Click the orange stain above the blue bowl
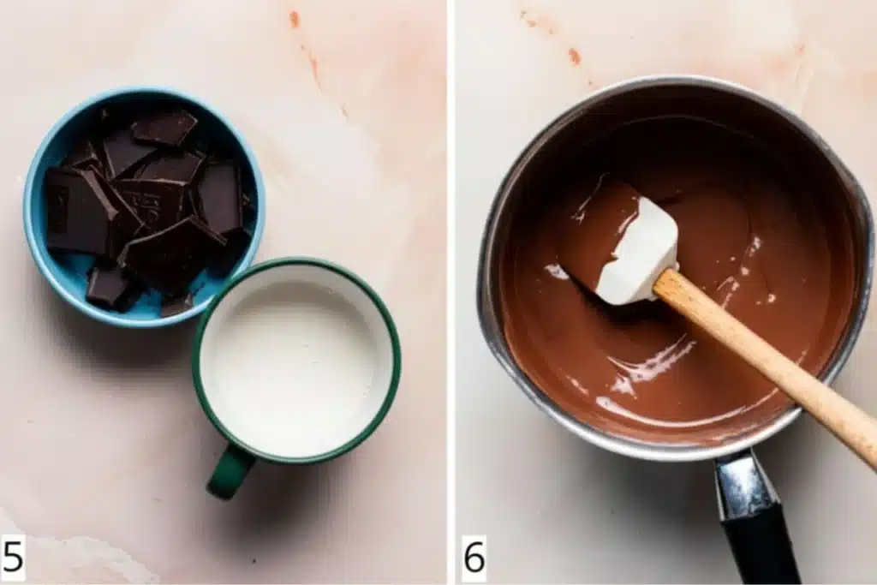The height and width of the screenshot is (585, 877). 295,20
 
